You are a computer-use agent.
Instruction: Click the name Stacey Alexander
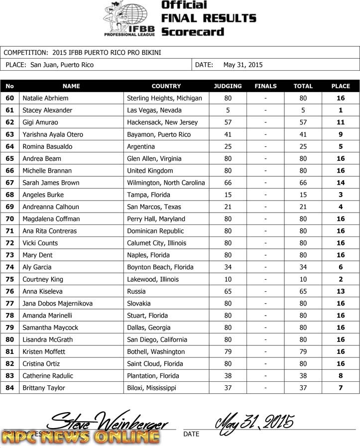[47, 110]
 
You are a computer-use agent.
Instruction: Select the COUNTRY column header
[166, 86]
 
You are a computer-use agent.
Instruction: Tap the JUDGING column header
[228, 86]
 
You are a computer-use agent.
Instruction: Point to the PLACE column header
[341, 86]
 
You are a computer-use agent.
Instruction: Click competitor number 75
[9, 279]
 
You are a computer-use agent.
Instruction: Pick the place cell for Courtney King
[341, 279]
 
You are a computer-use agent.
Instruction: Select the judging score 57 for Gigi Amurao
[228, 122]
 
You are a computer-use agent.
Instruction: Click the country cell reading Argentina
[141, 146]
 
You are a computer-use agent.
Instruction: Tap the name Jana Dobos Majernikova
[57, 303]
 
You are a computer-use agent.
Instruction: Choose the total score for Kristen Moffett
[303, 351]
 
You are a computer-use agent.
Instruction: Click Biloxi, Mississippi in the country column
[152, 388]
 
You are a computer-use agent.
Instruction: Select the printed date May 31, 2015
[243, 65]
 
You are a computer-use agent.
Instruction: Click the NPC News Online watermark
[81, 437]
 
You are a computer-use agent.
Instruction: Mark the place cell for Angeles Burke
[341, 195]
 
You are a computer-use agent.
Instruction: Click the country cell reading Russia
[136, 291]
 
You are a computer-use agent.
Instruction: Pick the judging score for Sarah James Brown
[228, 183]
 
